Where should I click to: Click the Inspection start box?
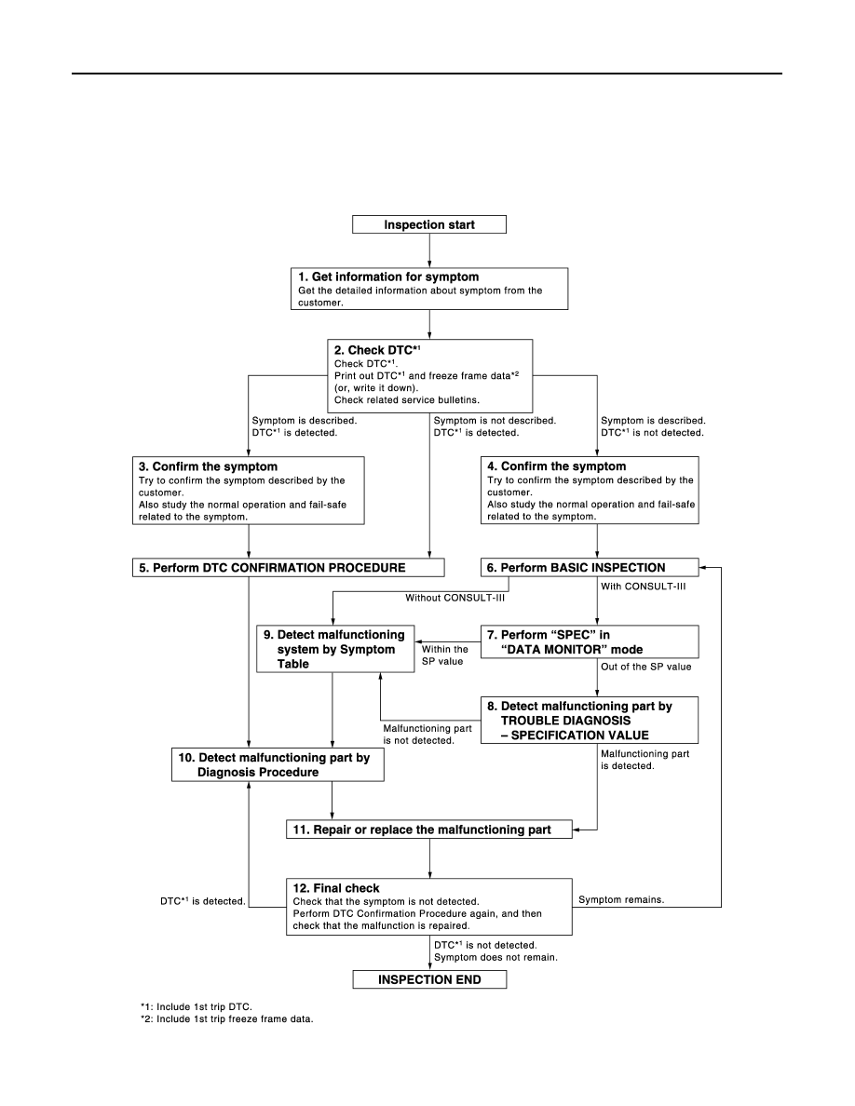pyautogui.click(x=429, y=224)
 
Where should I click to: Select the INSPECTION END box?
pyautogui.click(x=429, y=979)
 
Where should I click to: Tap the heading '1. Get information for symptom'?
pyautogui.click(x=388, y=277)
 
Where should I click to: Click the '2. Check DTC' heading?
pyautogui.click(x=377, y=350)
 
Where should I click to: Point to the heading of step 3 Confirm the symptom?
pyautogui.click(x=208, y=466)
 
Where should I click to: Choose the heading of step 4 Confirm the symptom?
pyautogui.click(x=557, y=466)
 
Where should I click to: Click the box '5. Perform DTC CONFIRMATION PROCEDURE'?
pyautogui.click(x=289, y=568)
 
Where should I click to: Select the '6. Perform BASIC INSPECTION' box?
pyautogui.click(x=590, y=568)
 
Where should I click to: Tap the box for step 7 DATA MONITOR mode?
pyautogui.click(x=590, y=641)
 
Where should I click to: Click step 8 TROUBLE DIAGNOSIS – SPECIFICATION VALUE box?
pyautogui.click(x=590, y=721)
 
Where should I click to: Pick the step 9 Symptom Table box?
pyautogui.click(x=335, y=649)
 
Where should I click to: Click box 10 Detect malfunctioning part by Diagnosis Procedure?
pyautogui.click(x=278, y=764)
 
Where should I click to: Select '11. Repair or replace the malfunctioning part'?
pyautogui.click(x=429, y=829)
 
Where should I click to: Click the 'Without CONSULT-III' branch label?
pyautogui.click(x=455, y=598)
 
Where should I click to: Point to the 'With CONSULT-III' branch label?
pyautogui.click(x=644, y=587)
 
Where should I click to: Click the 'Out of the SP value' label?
pyautogui.click(x=646, y=667)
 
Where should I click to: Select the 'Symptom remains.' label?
pyautogui.click(x=621, y=899)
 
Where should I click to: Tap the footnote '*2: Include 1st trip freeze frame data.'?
pyautogui.click(x=226, y=1018)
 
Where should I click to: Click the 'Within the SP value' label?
pyautogui.click(x=444, y=655)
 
